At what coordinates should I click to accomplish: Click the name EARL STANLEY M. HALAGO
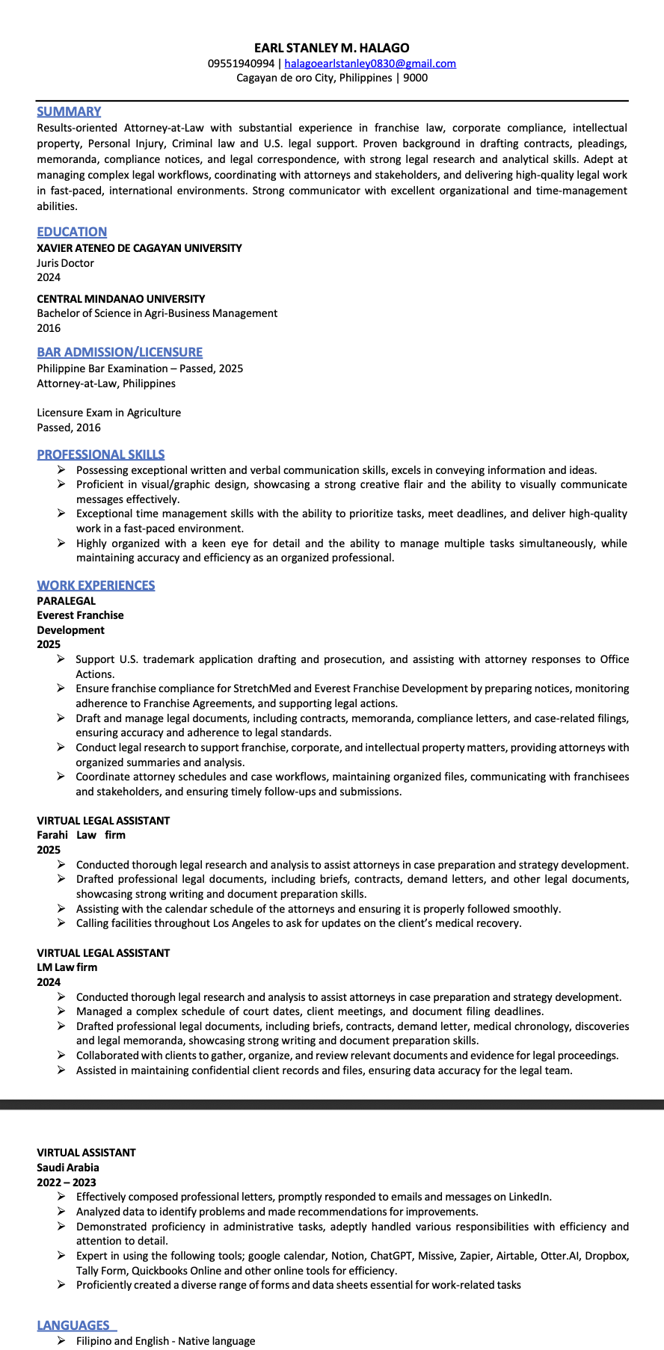331,48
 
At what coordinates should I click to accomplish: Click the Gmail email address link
370,64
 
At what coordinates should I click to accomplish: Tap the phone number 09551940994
241,64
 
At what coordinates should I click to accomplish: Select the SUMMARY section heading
69,111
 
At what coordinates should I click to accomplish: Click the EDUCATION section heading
72,232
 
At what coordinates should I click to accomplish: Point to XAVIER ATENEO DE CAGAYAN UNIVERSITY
139,247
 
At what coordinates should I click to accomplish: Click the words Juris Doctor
66,263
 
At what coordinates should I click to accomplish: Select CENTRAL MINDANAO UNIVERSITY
121,298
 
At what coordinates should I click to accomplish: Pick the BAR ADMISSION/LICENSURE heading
120,352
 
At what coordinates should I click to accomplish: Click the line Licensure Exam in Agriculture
109,413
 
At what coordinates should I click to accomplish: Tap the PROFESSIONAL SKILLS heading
101,454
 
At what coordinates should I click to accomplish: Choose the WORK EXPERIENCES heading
96,585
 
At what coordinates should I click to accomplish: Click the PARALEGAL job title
67,600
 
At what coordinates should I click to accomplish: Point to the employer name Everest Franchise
80,615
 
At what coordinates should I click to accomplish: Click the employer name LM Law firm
67,967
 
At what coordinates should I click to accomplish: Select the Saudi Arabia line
68,1168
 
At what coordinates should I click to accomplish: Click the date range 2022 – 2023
67,1182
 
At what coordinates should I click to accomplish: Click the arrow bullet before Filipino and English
61,1341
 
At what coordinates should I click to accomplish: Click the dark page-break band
332,1104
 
